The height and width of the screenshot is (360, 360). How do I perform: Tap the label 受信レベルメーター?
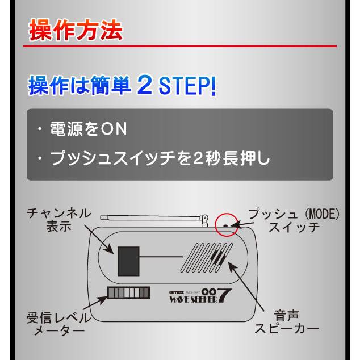tap(55, 322)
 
